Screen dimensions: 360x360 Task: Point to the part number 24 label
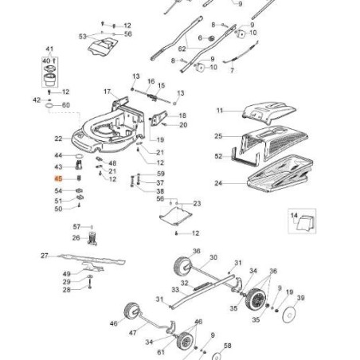[218, 182]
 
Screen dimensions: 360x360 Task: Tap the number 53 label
[82, 37]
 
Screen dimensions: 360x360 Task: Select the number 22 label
[58, 139]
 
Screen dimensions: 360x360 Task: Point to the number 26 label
[76, 238]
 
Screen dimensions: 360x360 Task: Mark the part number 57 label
[76, 226]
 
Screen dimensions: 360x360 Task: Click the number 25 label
[218, 136]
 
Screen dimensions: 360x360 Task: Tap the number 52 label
[218, 156]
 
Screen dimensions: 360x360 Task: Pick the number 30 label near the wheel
[213, 257]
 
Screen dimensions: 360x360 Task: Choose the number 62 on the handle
[182, 49]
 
